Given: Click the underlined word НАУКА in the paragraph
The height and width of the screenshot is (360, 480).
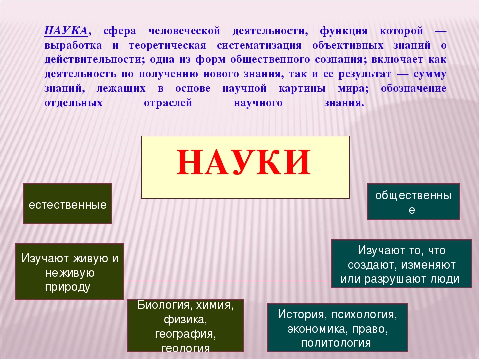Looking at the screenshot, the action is click(66, 31).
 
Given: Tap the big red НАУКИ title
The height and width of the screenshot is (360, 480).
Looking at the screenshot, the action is click(244, 162).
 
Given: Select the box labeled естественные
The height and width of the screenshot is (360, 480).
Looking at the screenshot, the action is click(68, 204).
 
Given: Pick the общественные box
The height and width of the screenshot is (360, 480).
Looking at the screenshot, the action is click(414, 202).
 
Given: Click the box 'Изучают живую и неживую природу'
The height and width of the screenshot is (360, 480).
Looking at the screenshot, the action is click(70, 272).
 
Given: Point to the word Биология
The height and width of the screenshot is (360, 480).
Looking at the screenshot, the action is click(165, 305).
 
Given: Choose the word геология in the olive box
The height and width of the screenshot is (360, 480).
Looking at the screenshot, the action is click(186, 348).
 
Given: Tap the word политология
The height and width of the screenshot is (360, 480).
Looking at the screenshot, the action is click(336, 343).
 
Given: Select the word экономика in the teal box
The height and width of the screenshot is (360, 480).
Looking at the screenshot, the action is click(318, 329).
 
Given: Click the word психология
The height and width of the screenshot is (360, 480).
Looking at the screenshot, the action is click(364, 315).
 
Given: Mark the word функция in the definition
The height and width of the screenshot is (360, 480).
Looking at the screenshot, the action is click(344, 31).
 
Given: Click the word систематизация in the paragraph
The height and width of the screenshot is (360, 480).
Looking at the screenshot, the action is click(259, 46).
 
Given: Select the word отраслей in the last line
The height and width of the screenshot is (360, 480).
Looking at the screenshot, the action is click(168, 103).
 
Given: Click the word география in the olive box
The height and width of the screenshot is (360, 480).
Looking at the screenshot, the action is click(186, 334).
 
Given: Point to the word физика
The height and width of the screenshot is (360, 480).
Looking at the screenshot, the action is click(186, 320).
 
